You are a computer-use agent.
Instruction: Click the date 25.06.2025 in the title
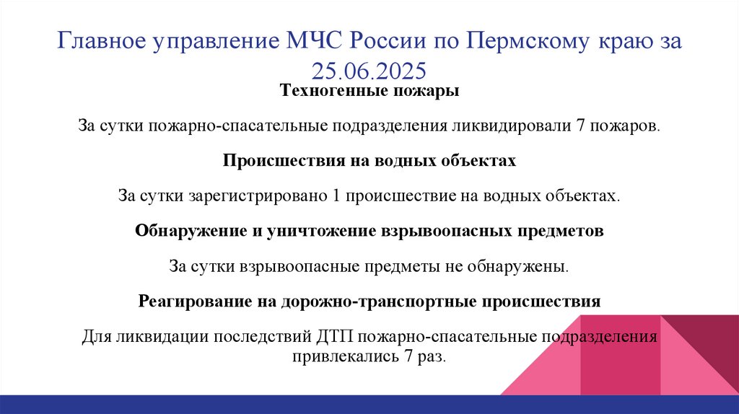[369, 70]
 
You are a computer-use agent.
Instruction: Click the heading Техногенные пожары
[369, 92]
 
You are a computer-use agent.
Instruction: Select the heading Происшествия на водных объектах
[369, 161]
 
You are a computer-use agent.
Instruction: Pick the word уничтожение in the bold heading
[320, 231]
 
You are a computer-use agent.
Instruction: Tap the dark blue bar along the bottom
[369, 404]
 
